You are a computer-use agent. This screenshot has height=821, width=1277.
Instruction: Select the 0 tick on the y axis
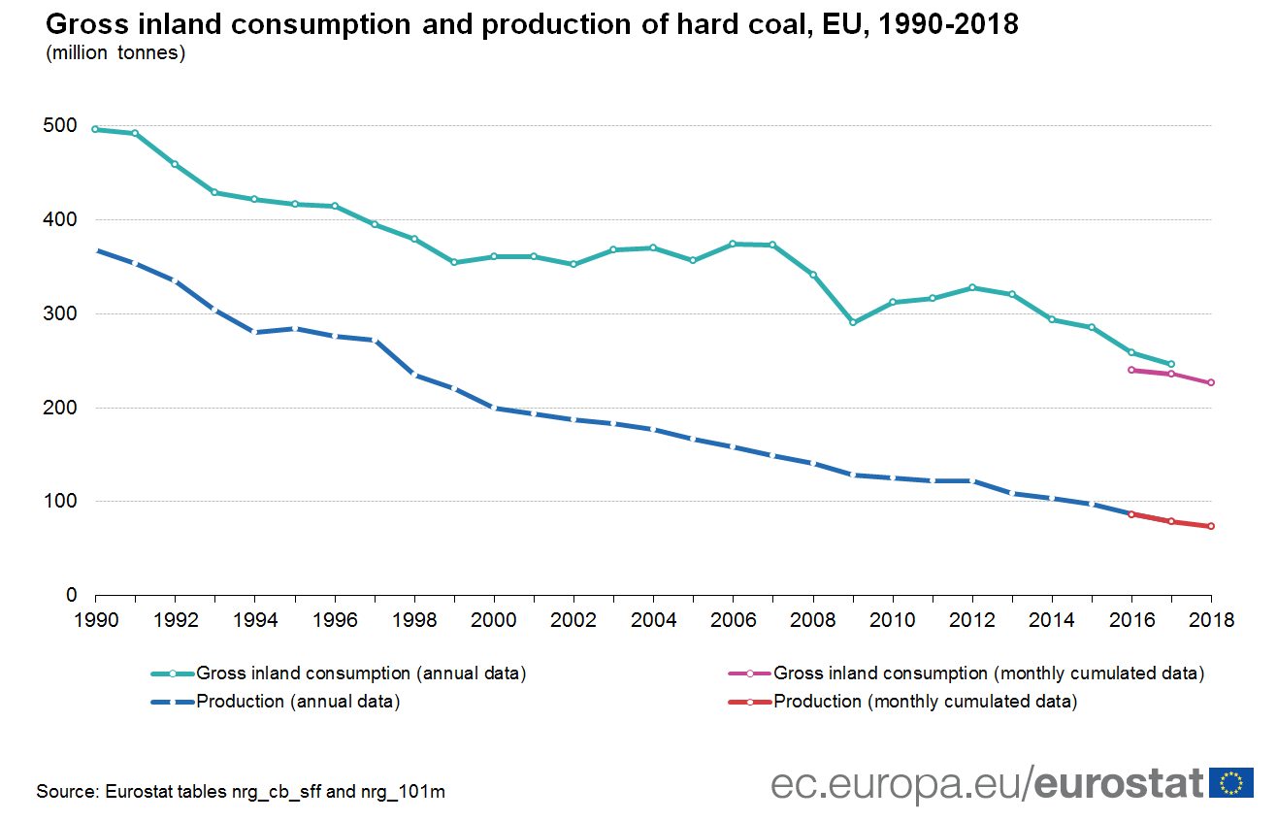pos(71,595)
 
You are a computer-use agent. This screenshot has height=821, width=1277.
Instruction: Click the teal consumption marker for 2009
pos(853,322)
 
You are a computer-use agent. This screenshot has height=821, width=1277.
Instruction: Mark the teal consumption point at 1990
pos(95,129)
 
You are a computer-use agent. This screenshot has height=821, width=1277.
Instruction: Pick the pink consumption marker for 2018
pos(1211,382)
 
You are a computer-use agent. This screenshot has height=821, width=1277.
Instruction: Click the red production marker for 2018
pos(1211,526)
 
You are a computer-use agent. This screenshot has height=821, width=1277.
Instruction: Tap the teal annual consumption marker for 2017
pos(1171,364)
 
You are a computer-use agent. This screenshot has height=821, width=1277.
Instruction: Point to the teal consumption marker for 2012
pos(972,287)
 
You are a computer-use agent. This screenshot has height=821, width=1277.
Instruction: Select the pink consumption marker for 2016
pos(1131,370)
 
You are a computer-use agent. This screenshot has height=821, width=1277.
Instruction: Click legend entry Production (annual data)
pos(298,702)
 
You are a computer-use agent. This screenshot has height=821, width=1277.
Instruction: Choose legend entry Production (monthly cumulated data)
pos(925,702)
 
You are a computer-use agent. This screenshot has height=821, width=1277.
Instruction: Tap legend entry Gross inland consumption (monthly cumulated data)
pos(988,673)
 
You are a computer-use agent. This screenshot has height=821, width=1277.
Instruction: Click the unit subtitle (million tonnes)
pos(115,53)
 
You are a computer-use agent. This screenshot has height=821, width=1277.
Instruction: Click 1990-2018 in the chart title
pos(938,23)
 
